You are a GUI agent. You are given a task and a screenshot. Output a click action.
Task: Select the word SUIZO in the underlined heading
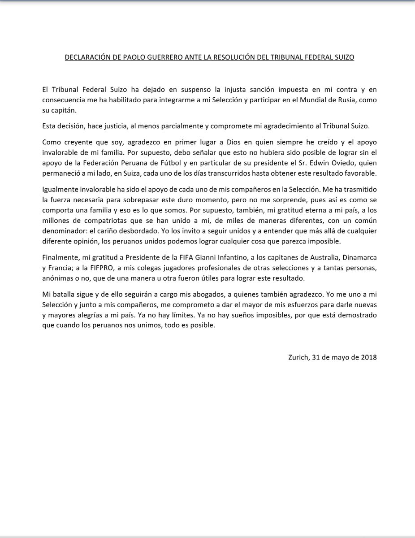point(343,58)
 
